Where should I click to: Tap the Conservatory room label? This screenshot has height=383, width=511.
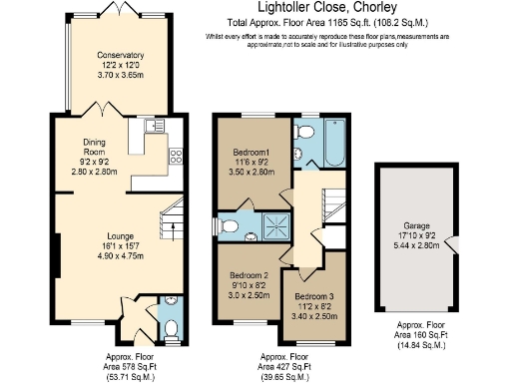[x=114, y=56]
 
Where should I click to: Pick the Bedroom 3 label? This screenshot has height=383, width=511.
[x=311, y=296]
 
